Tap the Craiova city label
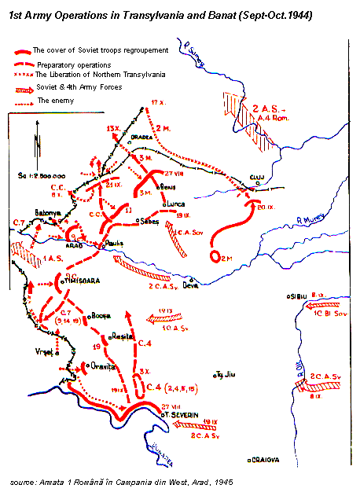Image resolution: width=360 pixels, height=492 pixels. (266, 457)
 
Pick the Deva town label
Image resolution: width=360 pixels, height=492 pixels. (191, 287)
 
